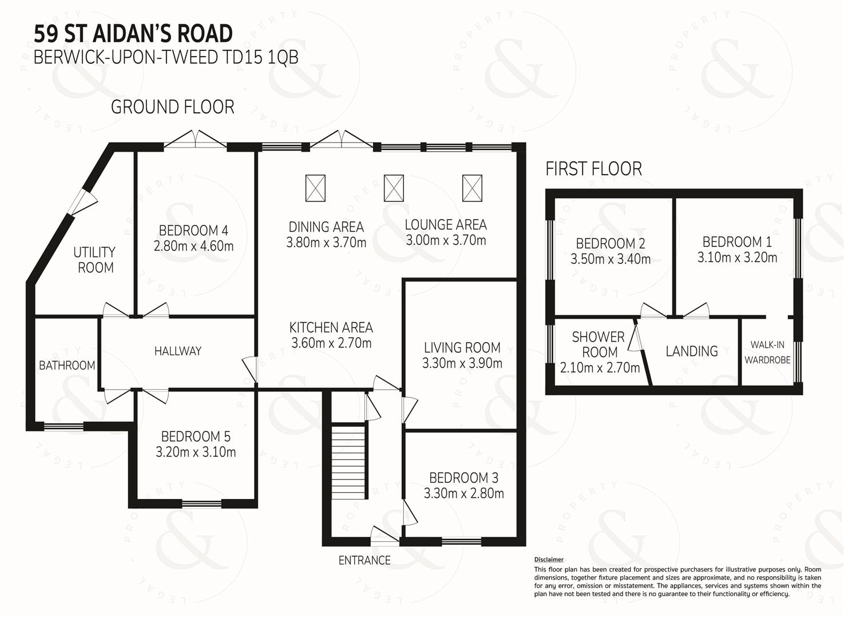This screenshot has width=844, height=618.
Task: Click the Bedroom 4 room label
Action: point(193,230)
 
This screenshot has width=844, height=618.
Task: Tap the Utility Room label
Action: point(94,260)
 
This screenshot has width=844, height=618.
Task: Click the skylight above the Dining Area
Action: point(315,188)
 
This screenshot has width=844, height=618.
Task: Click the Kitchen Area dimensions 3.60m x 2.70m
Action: point(331,343)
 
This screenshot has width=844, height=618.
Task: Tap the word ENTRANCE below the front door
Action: point(364,560)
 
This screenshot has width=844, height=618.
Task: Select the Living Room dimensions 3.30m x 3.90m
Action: point(462,363)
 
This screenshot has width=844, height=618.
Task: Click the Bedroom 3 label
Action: point(464,478)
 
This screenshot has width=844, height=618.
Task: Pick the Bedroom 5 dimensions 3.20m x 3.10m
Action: point(196,451)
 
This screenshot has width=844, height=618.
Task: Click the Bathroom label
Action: point(67,365)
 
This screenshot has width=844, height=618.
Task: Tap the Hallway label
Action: point(178,351)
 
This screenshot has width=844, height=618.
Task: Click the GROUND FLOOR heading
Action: point(173,107)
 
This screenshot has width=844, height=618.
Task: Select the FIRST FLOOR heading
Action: point(594,168)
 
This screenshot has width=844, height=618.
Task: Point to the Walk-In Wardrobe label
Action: point(767,352)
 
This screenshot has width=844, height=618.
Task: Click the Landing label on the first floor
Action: point(692,351)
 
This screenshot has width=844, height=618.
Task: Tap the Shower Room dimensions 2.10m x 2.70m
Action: point(600,367)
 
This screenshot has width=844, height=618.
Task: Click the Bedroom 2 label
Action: point(611,243)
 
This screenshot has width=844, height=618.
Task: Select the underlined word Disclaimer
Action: point(549,560)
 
